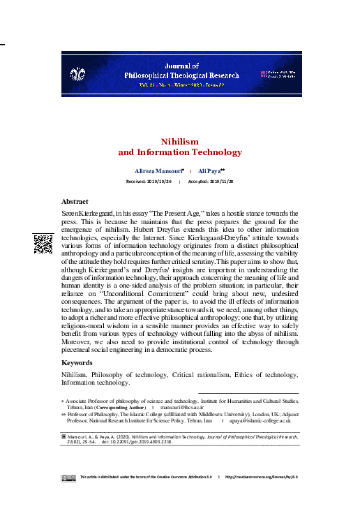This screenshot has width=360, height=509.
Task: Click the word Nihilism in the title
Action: tap(180, 141)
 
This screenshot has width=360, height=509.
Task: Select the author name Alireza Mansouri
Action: tap(158, 171)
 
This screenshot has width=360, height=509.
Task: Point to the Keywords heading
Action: tap(77, 363)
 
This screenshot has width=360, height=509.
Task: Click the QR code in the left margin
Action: tap(43, 244)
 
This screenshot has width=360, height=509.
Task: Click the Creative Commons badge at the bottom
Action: tap(68, 478)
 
